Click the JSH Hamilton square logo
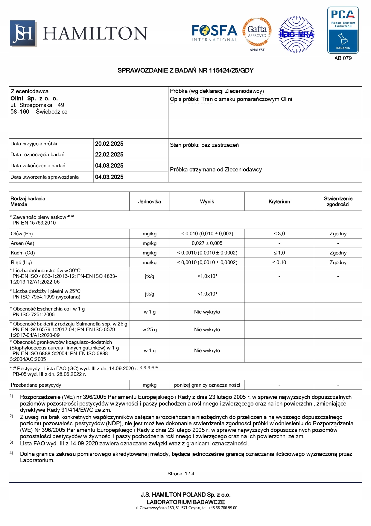pyautogui.click(x=23, y=33)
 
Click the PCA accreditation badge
pyautogui.click(x=343, y=30)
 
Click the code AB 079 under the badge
pyautogui.click(x=343, y=58)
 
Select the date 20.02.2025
pyautogui.click(x=109, y=144)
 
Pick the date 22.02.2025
pyautogui.click(x=109, y=155)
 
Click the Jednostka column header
pyautogui.click(x=149, y=202)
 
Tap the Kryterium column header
pyautogui.click(x=279, y=202)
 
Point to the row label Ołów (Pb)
pyautogui.click(x=22, y=234)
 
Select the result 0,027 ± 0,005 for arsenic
pyautogui.click(x=207, y=243)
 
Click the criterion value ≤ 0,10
pyautogui.click(x=279, y=263)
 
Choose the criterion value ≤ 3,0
pyautogui.click(x=279, y=234)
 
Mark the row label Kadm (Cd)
pyautogui.click(x=23, y=253)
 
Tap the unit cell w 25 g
pyautogui.click(x=150, y=330)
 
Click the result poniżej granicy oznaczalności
pyautogui.click(x=207, y=385)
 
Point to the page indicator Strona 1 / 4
pyautogui.click(x=181, y=474)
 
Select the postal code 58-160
pyautogui.click(x=20, y=112)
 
